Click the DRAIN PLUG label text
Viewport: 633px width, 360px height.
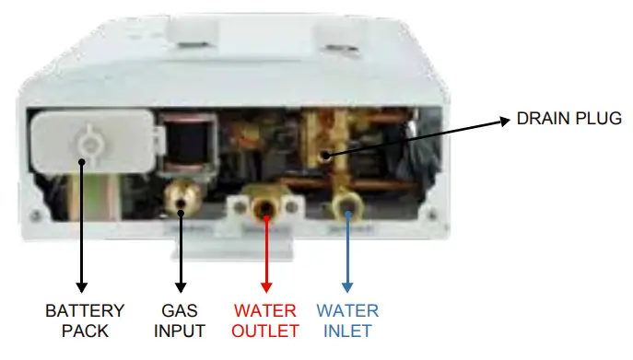click(569, 119)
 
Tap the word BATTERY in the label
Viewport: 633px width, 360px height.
click(84, 310)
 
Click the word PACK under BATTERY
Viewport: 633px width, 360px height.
click(84, 331)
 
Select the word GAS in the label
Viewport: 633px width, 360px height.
click(181, 310)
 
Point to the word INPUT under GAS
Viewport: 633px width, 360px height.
click(181, 331)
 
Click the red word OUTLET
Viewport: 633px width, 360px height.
click(266, 331)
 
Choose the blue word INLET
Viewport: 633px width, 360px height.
click(347, 331)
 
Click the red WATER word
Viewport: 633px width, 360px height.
click(266, 310)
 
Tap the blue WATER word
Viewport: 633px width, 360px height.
click(347, 310)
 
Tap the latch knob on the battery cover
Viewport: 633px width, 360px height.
click(88, 142)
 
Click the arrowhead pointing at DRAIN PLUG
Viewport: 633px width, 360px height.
click(506, 120)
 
